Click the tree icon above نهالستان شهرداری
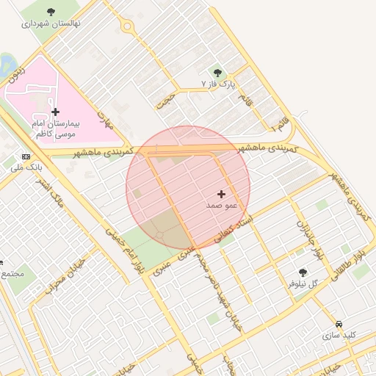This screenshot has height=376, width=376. tap(50, 12)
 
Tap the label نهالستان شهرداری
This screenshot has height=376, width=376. tap(50, 23)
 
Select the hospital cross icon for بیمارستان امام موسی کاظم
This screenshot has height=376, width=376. tap(56, 112)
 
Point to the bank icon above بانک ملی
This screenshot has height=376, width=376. tap(27, 156)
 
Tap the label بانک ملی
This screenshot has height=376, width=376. tap(25, 167)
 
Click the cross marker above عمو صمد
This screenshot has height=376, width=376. tap(222, 194)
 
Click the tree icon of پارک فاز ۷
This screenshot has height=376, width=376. tap(217, 72)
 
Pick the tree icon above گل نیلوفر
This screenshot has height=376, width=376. tap(303, 272)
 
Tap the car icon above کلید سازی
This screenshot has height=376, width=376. tap(339, 324)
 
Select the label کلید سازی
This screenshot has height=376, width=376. tap(339, 335)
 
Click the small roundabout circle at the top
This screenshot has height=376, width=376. tap(128, 27)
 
